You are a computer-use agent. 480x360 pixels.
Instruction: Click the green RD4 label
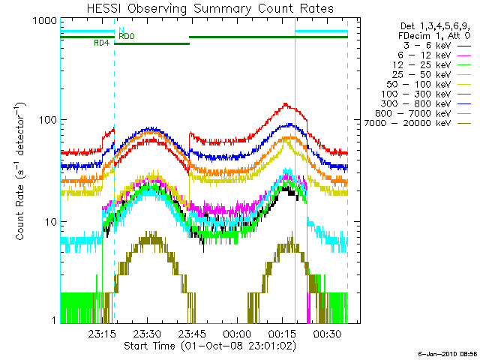coord(102,43)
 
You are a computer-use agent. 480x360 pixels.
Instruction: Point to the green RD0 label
coord(127,36)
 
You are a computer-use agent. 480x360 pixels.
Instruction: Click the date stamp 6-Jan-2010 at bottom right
coord(447,352)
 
